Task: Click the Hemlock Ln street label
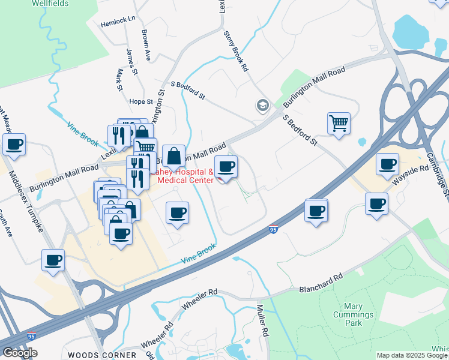(119, 19)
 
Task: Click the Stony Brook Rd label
(236, 52)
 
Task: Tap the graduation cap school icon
(262, 106)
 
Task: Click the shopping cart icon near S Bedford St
(339, 123)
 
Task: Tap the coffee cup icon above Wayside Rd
(387, 163)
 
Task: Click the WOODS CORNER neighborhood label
(102, 355)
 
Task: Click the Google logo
(19, 353)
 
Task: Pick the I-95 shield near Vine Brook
(273, 229)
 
